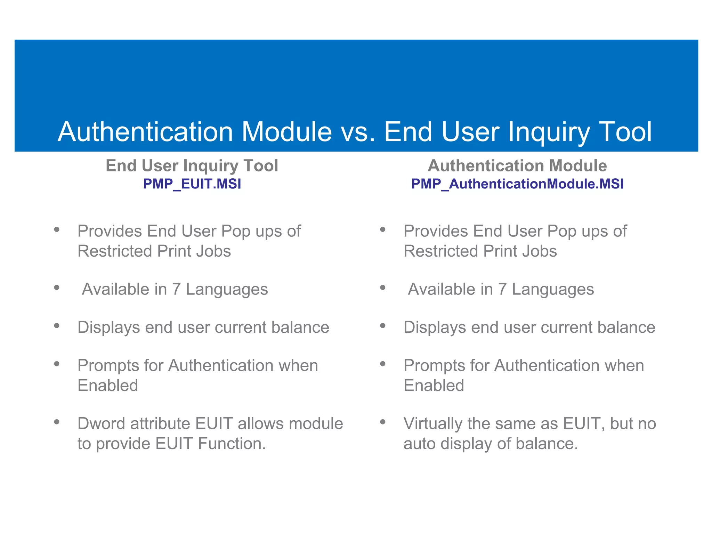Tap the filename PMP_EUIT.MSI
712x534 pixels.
[x=192, y=184]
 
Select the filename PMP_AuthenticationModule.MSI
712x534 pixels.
[x=517, y=184]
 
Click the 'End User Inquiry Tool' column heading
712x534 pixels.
[x=192, y=165]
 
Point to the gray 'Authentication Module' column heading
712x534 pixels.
[x=517, y=165]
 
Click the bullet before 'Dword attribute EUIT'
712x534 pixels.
[x=57, y=422]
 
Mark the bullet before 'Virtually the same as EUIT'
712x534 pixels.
[x=383, y=422]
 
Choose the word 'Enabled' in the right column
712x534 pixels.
[x=434, y=386]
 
